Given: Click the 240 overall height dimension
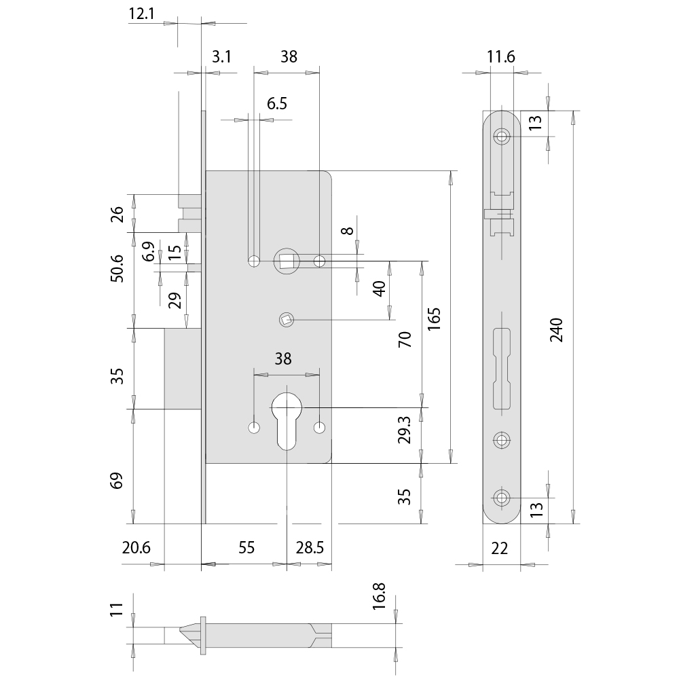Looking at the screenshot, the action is coord(557,330).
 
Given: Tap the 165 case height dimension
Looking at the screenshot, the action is coord(434,319).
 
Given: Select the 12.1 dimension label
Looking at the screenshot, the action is coord(142,14).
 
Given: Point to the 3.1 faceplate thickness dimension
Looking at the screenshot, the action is coord(221,57).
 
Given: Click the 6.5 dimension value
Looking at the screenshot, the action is coord(277,103).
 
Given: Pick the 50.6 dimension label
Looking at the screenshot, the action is coord(117,268).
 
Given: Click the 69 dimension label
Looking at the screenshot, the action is coord(117,481).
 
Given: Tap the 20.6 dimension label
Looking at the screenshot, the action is coord(136,548).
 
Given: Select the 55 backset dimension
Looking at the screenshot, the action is coord(246,548).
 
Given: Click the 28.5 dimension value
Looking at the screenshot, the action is coord(310,548).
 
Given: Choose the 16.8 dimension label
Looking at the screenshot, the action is coord(378,596).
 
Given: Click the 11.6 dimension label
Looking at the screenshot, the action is coord(501,57).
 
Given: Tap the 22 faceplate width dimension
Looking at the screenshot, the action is coord(499,549).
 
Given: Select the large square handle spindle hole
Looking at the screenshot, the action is coord(287,261).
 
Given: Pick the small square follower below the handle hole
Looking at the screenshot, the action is coord(287,320).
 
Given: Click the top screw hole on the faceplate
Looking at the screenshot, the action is coord(502,136).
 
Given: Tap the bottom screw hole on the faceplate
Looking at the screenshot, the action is coord(502,498).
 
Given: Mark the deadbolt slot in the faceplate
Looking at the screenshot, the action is coord(502,369).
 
